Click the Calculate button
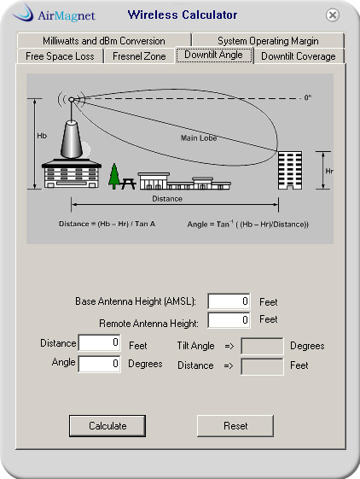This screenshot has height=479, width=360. click(107, 425)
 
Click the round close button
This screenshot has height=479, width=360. click(332, 15)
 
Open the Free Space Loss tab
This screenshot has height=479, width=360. click(60, 56)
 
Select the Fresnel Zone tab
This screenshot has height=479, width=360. click(139, 56)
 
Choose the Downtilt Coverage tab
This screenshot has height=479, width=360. click(299, 56)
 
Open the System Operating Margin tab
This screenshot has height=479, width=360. click(268, 41)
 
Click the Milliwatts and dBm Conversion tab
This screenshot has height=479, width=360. click(104, 41)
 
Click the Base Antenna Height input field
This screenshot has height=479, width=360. click(229, 301)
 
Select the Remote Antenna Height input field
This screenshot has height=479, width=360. click(229, 320)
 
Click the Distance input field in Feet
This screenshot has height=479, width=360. click(99, 342)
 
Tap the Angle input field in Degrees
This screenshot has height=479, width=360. click(99, 364)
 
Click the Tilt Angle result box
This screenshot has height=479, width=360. click(262, 346)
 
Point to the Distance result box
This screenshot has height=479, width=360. click(262, 366)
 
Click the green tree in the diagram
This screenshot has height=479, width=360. click(114, 176)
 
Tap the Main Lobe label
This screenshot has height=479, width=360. click(199, 138)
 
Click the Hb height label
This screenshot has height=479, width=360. click(42, 136)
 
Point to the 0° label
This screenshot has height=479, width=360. click(308, 97)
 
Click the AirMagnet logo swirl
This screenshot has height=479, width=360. click(23, 13)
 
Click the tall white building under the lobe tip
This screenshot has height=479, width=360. click(290, 170)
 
